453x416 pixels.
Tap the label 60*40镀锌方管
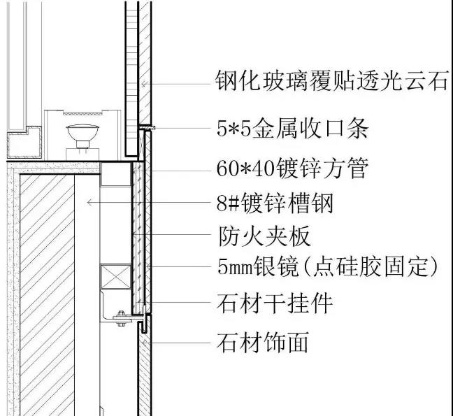tap(292, 168)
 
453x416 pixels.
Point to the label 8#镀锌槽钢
tap(275, 203)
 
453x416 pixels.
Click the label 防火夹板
tap(264, 236)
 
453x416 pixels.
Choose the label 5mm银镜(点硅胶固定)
tap(328, 266)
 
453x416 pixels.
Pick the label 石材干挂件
tap(275, 303)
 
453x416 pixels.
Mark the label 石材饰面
tap(263, 343)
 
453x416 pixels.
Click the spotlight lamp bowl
tap(82, 131)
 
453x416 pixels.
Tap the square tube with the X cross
tap(115, 276)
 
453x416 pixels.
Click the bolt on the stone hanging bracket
tap(121, 318)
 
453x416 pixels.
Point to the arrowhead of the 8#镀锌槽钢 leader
tap(89, 203)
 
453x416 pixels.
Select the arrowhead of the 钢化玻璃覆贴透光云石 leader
tap(143, 84)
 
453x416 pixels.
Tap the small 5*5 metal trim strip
tap(147, 127)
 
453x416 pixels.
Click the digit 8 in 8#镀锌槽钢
tap(222, 203)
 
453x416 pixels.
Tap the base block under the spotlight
tap(82, 154)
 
